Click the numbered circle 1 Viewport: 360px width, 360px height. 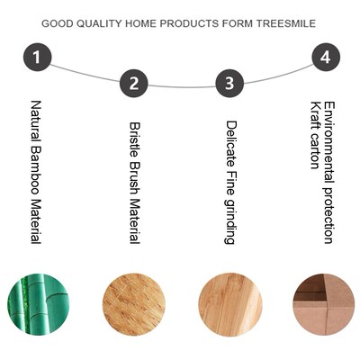click(x=36, y=59)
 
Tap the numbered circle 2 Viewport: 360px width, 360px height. click(x=133, y=85)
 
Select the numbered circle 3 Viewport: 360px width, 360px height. click(x=229, y=85)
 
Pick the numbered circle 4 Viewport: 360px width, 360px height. click(x=326, y=59)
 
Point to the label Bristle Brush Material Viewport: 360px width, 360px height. click(x=133, y=183)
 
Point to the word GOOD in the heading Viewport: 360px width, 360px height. click(x=58, y=23)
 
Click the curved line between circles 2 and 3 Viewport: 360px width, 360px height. click(x=181, y=87)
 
